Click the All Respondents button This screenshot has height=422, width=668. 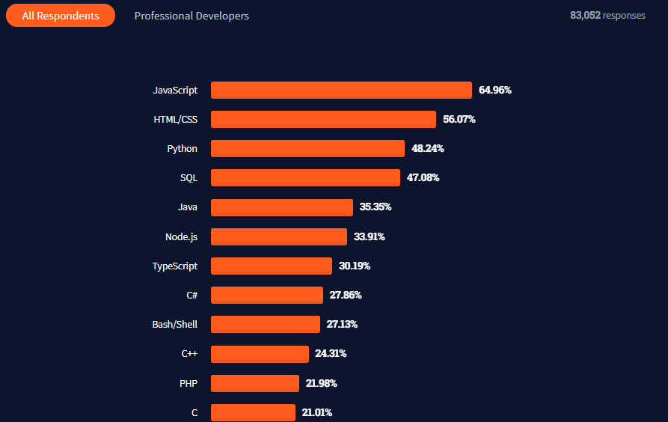click(61, 16)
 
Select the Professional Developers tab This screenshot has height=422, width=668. click(191, 16)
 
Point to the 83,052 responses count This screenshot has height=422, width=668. click(607, 16)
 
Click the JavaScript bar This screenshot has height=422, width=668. click(341, 90)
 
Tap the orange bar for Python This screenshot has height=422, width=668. click(307, 148)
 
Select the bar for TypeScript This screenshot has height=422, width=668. click(271, 266)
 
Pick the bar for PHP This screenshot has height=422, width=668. click(254, 383)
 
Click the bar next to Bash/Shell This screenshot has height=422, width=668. click(265, 324)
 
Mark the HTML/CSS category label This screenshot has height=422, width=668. click(175, 119)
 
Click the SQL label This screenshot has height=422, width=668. click(189, 177)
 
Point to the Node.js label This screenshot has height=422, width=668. click(181, 236)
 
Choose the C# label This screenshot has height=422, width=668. click(191, 295)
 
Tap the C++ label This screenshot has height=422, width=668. click(189, 353)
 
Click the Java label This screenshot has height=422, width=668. click(188, 207)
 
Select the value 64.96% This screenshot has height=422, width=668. click(495, 90)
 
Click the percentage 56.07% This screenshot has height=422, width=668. click(459, 119)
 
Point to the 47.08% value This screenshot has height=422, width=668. click(423, 177)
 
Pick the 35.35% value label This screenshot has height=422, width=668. click(376, 207)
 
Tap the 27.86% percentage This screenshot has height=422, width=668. click(346, 295)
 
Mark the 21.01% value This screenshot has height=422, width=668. click(317, 412)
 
